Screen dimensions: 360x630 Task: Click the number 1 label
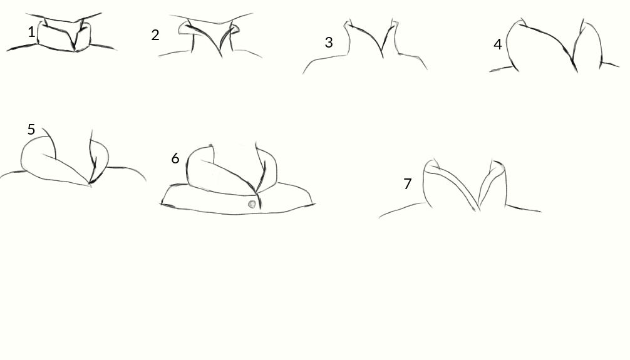[31, 32]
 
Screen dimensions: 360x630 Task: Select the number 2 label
[155, 35]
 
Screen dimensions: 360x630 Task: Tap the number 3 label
[329, 43]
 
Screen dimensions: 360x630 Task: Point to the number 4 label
[498, 44]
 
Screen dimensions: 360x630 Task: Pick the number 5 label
[31, 130]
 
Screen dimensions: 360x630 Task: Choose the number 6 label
[175, 158]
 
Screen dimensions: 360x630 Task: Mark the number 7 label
[408, 183]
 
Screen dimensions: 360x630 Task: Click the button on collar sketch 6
[252, 204]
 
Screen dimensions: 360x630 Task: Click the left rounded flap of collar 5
[44, 160]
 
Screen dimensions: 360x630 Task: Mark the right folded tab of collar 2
[235, 30]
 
